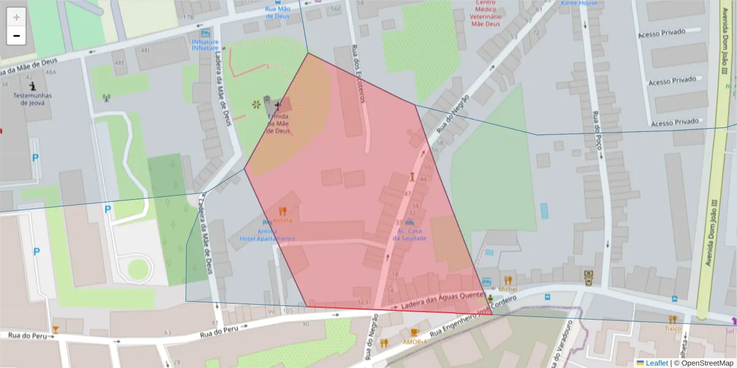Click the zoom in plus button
tap(17, 17)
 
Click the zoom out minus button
tap(17, 36)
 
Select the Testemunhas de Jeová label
tap(33, 99)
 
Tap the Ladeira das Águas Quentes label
tap(442, 299)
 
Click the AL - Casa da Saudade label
tap(410, 234)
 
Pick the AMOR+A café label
tap(415, 342)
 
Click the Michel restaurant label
tap(508, 288)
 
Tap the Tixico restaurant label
tap(673, 328)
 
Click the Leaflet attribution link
tap(656, 363)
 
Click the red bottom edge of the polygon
tap(399, 310)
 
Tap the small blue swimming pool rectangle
tap(544, 210)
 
